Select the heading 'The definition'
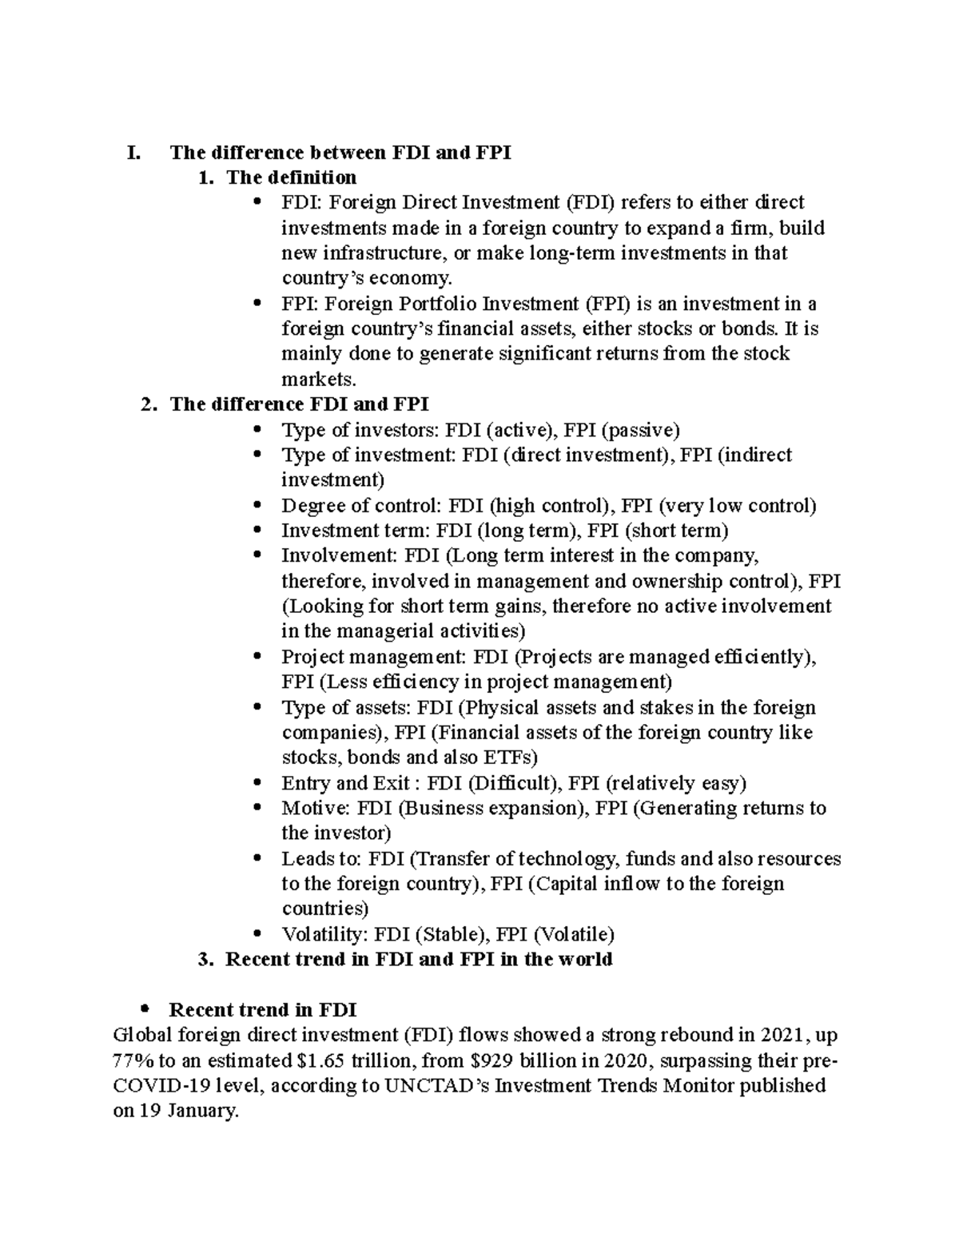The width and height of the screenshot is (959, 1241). [291, 177]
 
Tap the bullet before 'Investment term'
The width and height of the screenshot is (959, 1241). [257, 531]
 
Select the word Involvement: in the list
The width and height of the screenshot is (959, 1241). [339, 555]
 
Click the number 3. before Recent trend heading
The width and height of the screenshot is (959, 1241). [205, 959]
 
